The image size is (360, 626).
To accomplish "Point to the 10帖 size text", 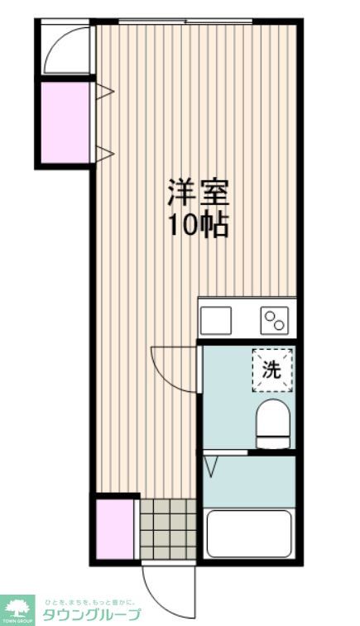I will coord(199,225).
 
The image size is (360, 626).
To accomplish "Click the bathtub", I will coord(248,533).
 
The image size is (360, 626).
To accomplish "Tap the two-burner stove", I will coord(273,318).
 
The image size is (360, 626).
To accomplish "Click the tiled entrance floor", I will coord(166,528).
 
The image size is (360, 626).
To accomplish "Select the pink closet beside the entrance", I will coord(113,529).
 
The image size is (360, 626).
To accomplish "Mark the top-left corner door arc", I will coord(65,51).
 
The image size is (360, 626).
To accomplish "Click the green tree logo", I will coord(17,608).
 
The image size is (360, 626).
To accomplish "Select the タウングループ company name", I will coord(91,614).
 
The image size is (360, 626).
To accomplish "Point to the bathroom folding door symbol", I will coord(211,466).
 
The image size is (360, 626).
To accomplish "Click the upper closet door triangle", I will coord(103,90).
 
